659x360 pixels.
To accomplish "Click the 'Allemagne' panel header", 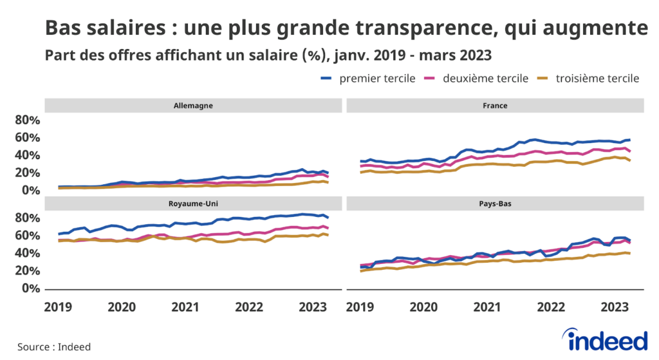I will [193, 105].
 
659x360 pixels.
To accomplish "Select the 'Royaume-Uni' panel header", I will [193, 204].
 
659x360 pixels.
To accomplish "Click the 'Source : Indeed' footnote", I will [54, 346].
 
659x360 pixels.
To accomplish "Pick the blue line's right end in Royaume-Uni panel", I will [328, 218].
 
